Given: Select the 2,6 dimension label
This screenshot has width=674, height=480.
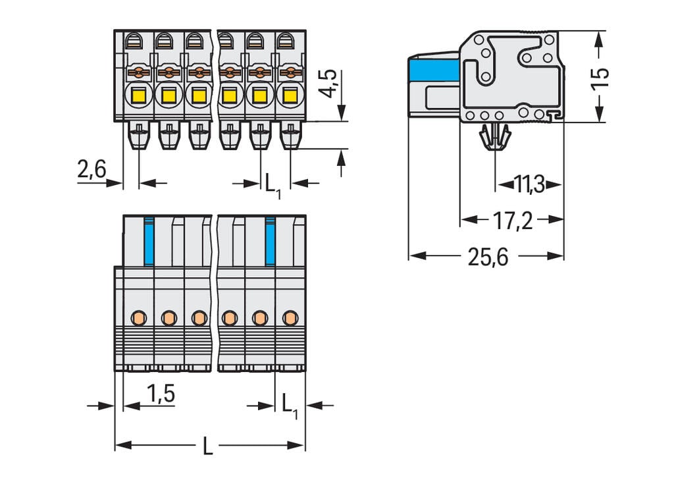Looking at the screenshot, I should pyautogui.click(x=91, y=170).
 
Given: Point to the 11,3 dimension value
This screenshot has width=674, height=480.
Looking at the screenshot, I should pyautogui.click(x=529, y=185).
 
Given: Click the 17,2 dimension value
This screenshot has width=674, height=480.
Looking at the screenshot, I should pyautogui.click(x=513, y=221).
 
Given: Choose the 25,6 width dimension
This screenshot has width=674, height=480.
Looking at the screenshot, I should pyautogui.click(x=488, y=257).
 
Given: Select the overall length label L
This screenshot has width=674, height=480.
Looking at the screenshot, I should pyautogui.click(x=208, y=447).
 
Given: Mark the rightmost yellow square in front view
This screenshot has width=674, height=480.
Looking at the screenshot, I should pyautogui.click(x=289, y=97).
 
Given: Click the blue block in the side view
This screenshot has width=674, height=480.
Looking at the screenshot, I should pyautogui.click(x=433, y=70).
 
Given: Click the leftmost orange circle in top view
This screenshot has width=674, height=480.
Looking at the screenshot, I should pyautogui.click(x=138, y=318).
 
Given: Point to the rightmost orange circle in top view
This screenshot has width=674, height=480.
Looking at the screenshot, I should pyautogui.click(x=289, y=318).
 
